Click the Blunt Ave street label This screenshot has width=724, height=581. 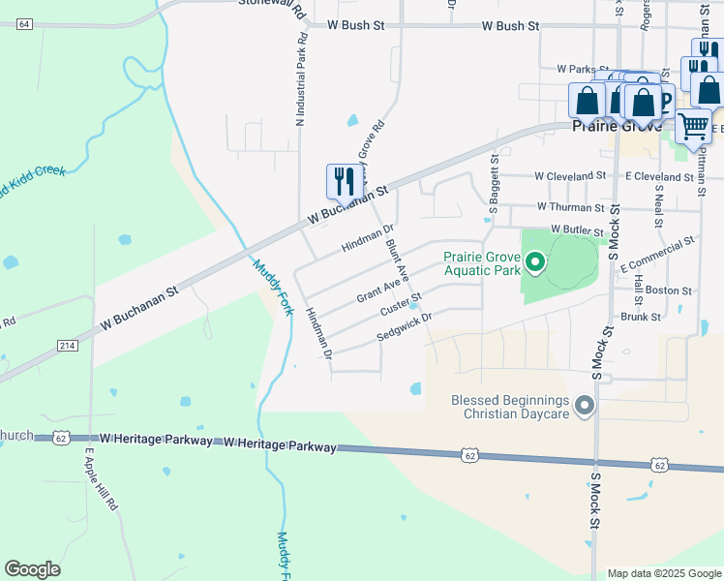pyautogui.click(x=400, y=263)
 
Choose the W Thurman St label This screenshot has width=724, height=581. pyautogui.click(x=571, y=207)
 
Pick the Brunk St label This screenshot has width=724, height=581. pyautogui.click(x=641, y=317)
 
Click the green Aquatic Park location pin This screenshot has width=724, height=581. pyautogui.click(x=534, y=262)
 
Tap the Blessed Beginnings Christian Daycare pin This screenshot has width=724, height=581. pyautogui.click(x=584, y=406)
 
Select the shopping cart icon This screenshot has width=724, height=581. pyautogui.click(x=693, y=126)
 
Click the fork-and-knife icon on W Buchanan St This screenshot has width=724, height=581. pyautogui.click(x=345, y=181)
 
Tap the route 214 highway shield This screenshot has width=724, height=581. pyautogui.click(x=67, y=345)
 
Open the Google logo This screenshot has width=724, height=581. pyautogui.click(x=32, y=569)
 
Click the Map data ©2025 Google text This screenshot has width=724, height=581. pyautogui.click(x=664, y=573)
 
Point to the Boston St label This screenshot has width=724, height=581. pyautogui.click(x=668, y=290)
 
